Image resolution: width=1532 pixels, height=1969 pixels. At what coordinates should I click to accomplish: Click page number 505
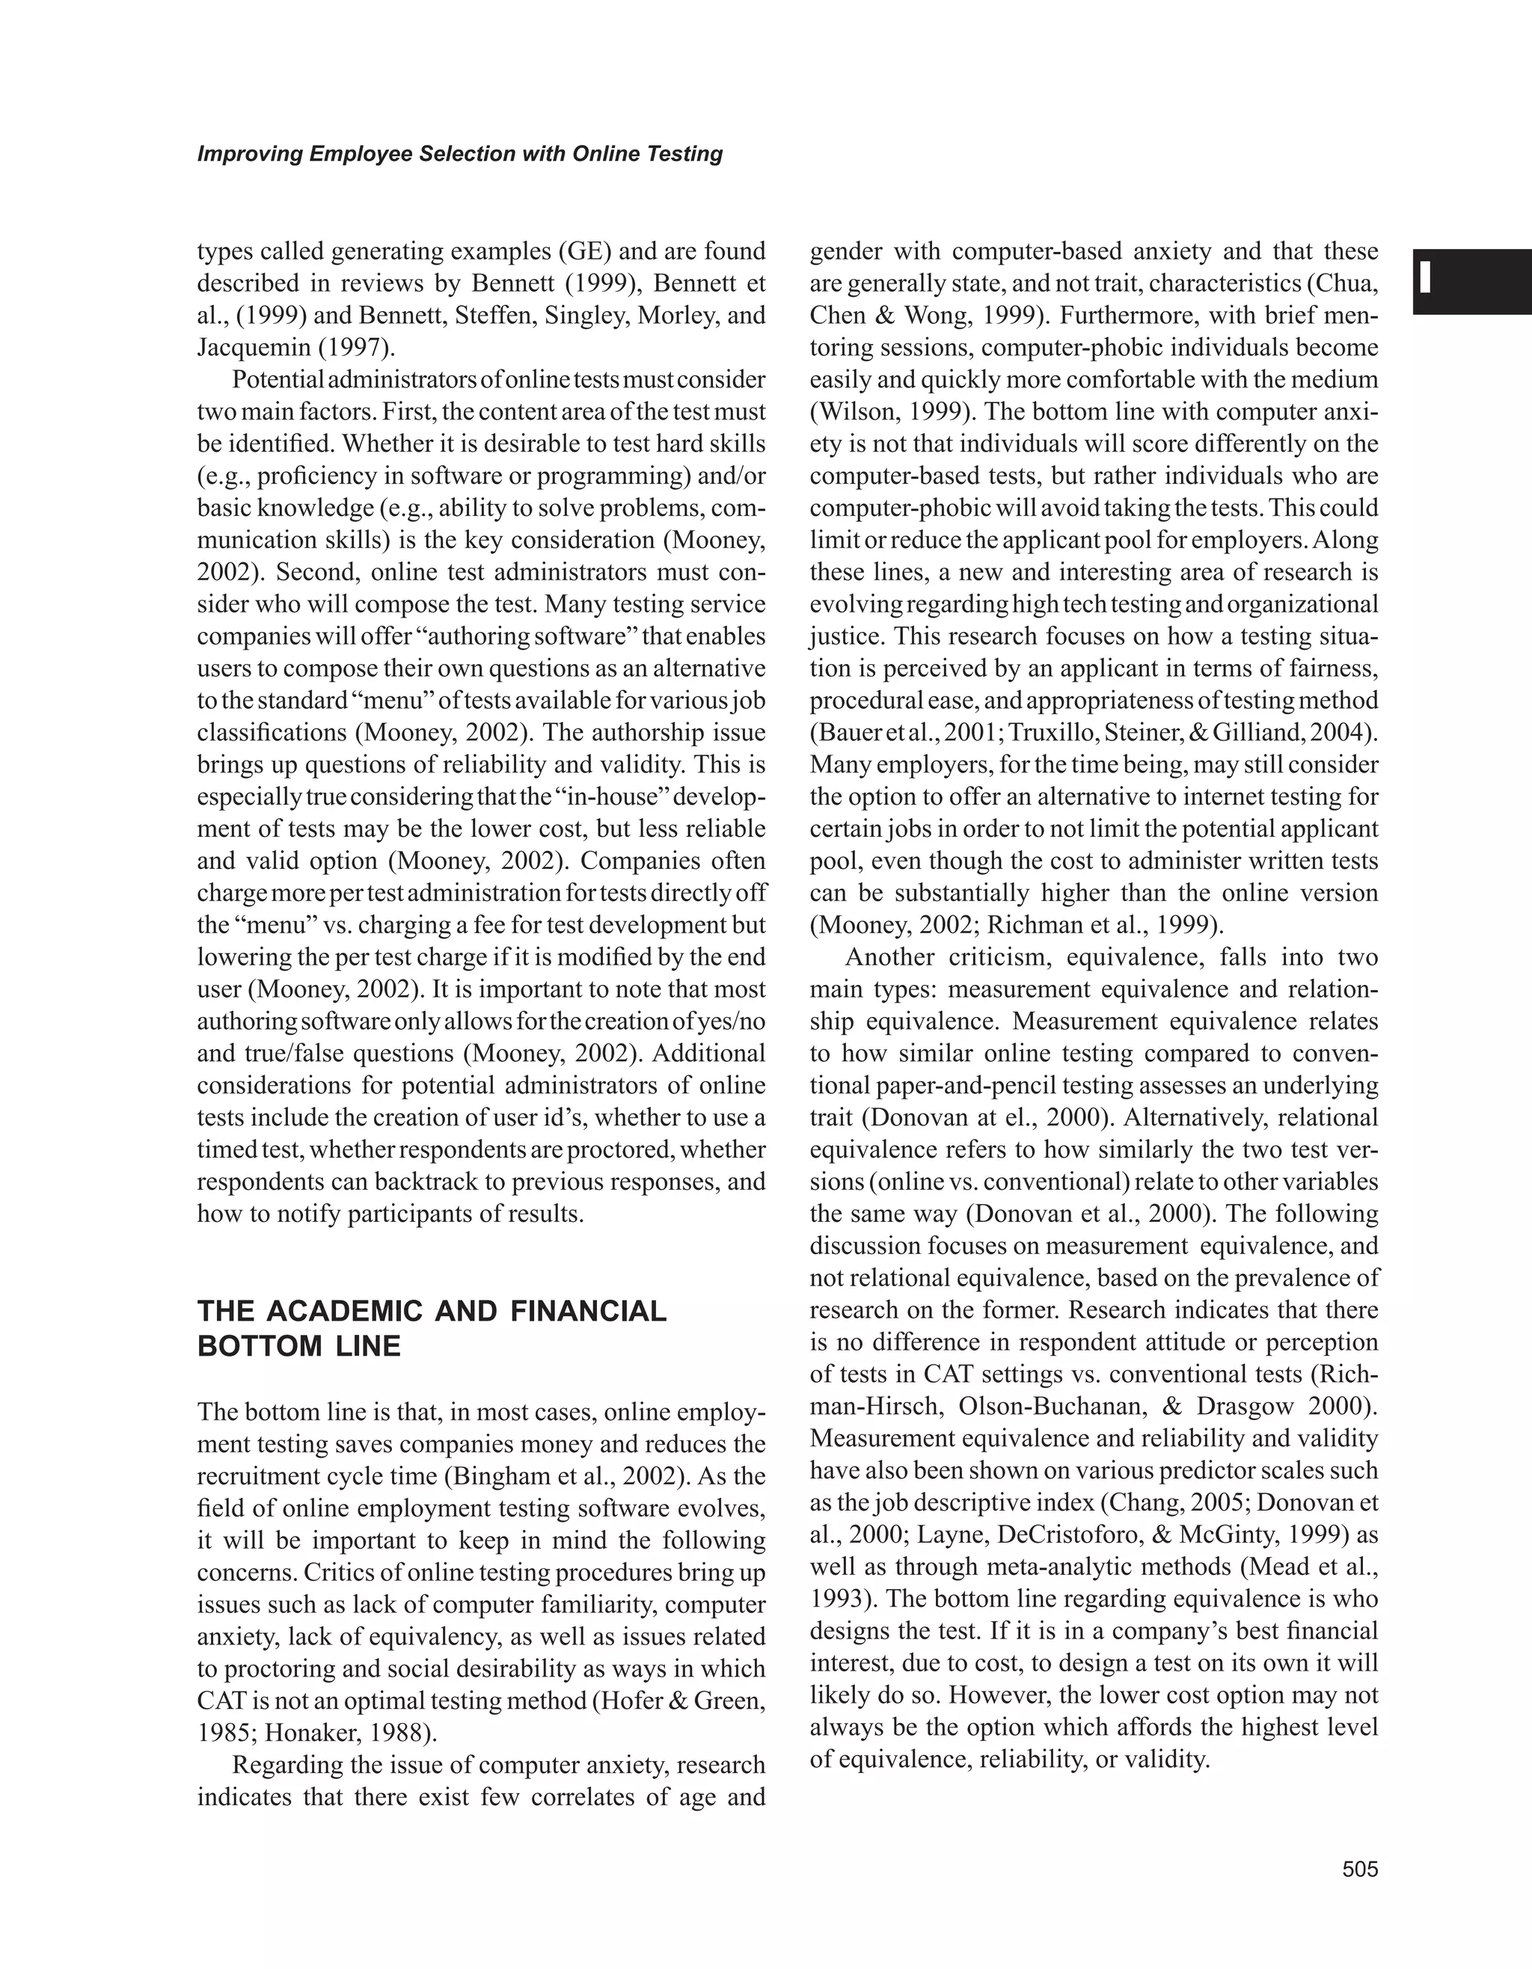click(1360, 1869)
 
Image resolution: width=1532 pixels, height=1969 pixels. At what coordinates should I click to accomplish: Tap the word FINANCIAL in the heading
click(588, 1311)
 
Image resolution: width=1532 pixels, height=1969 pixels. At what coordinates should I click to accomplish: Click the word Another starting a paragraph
click(887, 956)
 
